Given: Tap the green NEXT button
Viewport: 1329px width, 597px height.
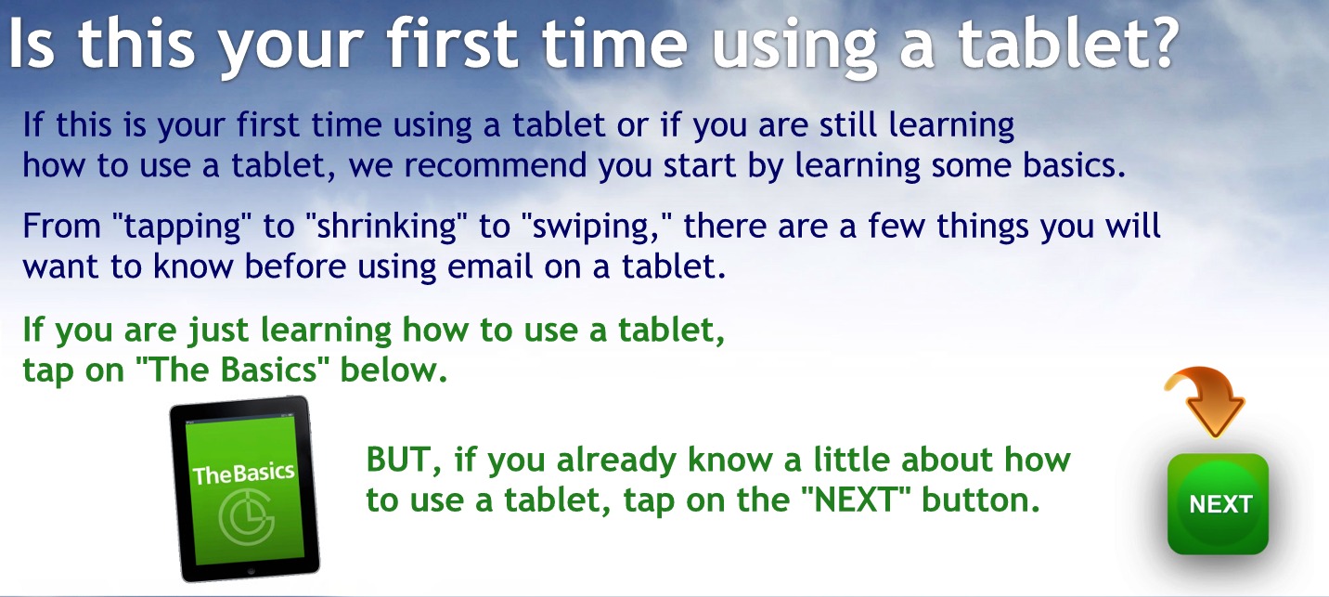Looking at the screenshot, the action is pyautogui.click(x=1218, y=504).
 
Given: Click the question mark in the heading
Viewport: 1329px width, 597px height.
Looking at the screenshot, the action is pyautogui.click(x=1159, y=43).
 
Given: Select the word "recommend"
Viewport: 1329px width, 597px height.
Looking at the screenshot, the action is pyautogui.click(x=496, y=165).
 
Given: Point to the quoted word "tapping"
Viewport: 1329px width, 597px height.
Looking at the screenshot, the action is pyautogui.click(x=182, y=227).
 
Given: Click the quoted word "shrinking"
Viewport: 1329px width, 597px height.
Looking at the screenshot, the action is pyautogui.click(x=386, y=227).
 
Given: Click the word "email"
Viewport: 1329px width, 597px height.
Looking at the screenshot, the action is pyautogui.click(x=489, y=266).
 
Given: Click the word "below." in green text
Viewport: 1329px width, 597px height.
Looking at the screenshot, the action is pyautogui.click(x=394, y=370).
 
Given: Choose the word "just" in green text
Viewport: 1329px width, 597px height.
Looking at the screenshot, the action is pyautogui.click(x=218, y=331).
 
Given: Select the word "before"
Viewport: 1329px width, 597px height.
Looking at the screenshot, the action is pyautogui.click(x=295, y=266).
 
